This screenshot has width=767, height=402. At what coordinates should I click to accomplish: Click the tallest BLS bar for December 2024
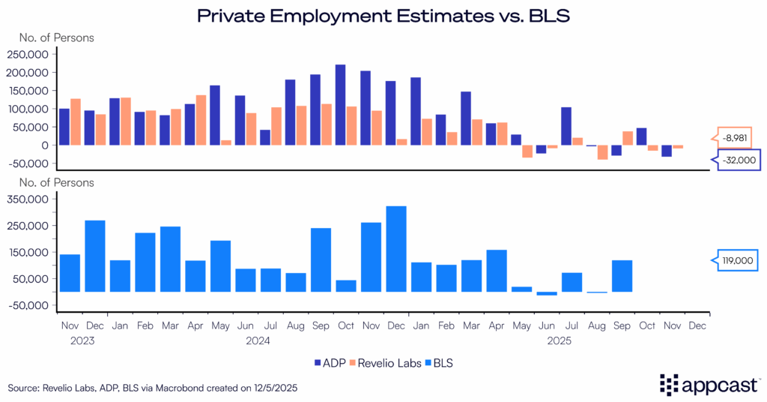(x=396, y=248)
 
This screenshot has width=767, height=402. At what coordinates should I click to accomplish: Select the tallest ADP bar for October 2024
(x=340, y=104)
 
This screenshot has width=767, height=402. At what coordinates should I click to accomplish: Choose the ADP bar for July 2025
(x=566, y=126)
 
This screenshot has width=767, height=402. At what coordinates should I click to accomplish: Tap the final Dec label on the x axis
(x=697, y=326)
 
